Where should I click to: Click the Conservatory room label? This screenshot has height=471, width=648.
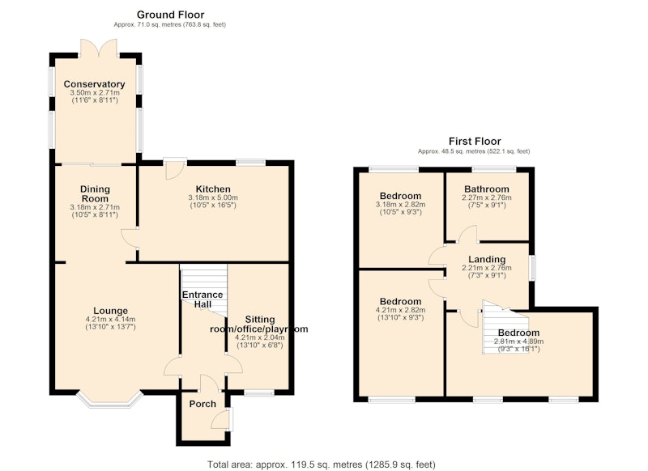tap(94, 84)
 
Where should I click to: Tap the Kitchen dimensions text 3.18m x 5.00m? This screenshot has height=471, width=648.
tap(213, 197)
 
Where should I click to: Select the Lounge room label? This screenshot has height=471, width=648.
tap(110, 311)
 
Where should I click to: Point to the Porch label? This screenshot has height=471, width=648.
tap(202, 404)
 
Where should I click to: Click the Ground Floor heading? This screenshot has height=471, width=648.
tap(170, 15)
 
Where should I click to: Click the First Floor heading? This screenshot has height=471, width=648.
tap(475, 142)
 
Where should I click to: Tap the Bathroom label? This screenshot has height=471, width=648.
tap(487, 189)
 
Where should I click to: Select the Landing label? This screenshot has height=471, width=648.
tap(487, 260)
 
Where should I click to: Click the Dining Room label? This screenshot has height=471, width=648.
tap(95, 194)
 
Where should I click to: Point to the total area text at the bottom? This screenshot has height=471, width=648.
tap(321, 465)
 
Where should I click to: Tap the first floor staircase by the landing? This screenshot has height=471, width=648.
tap(505, 327)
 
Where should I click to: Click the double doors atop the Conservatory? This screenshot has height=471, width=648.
tap(99, 48)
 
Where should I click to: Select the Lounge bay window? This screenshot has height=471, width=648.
tap(109, 401)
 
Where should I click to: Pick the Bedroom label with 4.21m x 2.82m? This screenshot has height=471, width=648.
tap(400, 302)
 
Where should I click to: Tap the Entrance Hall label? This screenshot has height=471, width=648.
tap(202, 299)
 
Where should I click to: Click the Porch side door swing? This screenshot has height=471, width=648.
tap(221, 419)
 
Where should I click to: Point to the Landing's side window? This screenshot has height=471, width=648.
tap(533, 268)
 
